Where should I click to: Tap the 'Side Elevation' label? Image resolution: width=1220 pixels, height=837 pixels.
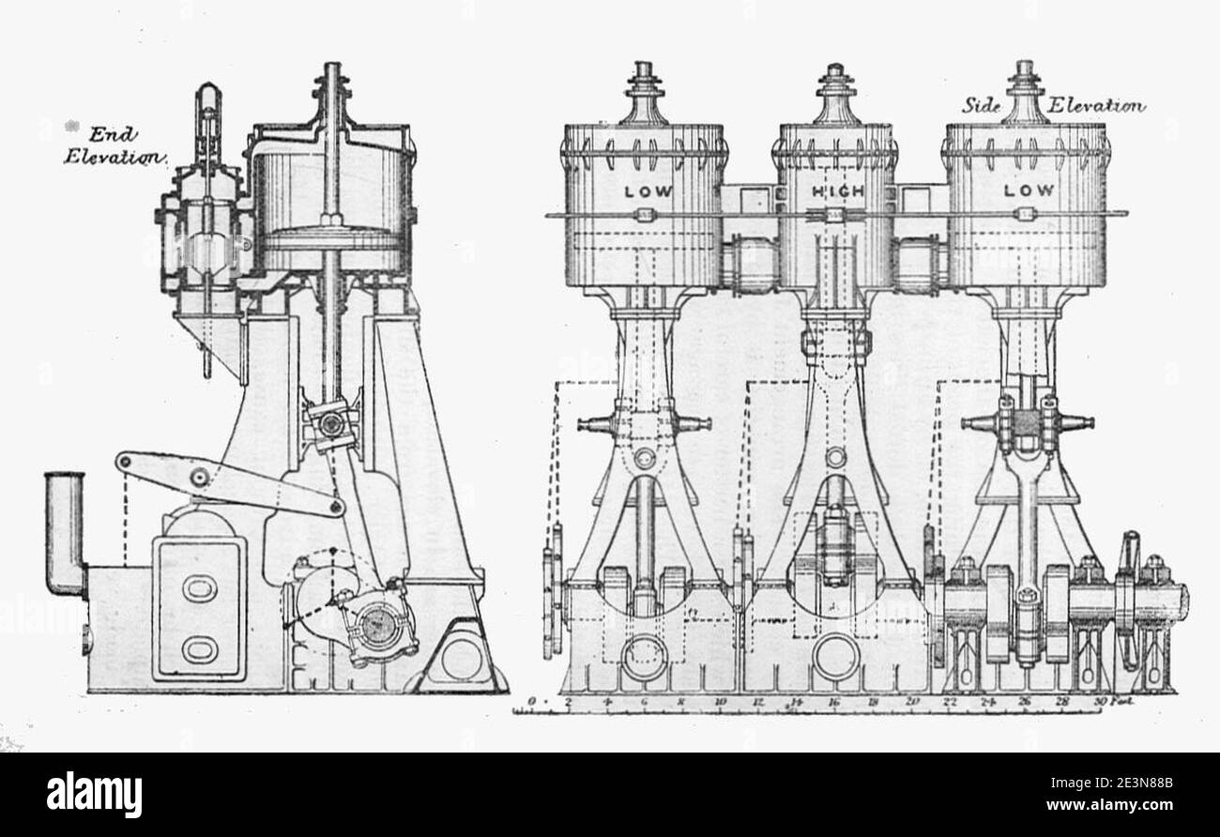point(1052,105)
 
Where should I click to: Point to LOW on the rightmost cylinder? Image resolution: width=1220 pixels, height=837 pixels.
point(1029,190)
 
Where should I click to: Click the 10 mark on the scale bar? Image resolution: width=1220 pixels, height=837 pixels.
point(720,701)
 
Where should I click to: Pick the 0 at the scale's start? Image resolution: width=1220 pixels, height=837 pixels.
point(532,701)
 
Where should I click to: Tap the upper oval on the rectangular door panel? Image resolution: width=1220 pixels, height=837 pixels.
point(199,588)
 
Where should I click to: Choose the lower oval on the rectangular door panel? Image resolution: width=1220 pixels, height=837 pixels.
point(199,648)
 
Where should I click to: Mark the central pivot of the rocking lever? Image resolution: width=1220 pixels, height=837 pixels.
point(198,477)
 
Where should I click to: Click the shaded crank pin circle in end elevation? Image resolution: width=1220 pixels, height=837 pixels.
point(380,622)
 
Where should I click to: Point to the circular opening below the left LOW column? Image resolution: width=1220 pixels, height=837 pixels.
point(645,657)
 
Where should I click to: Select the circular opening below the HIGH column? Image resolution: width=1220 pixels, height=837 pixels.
point(835,657)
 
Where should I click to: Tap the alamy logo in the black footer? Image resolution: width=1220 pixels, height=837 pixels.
point(94,794)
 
